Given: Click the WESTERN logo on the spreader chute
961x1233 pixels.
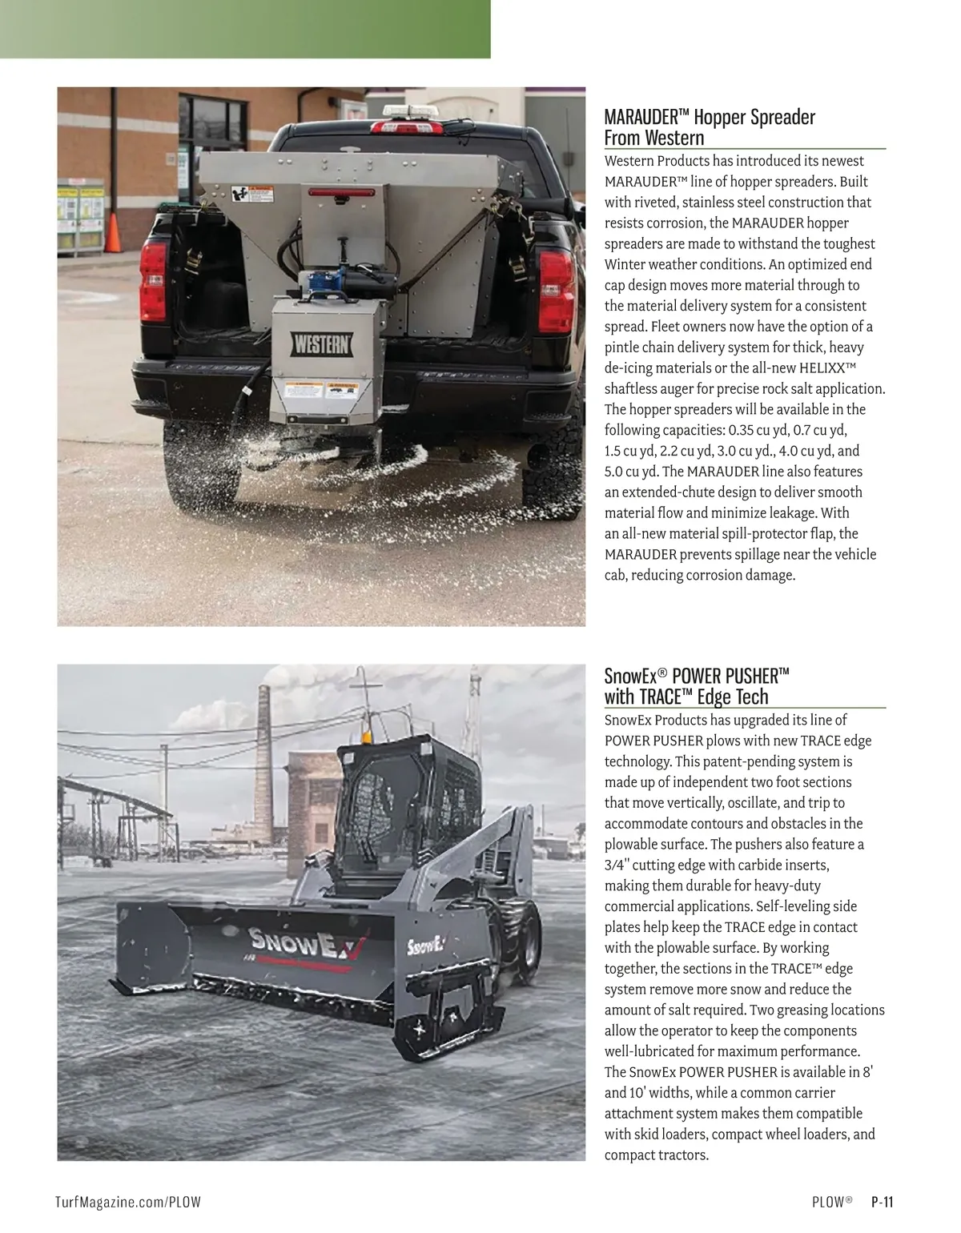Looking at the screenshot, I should pos(321,345).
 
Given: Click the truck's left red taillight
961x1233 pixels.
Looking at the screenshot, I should pos(153,279).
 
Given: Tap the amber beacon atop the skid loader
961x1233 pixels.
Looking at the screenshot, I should pos(366,735).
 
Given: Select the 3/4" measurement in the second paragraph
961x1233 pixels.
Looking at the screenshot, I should pos(617,866).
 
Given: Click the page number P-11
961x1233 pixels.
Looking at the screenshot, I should pos(883,1202).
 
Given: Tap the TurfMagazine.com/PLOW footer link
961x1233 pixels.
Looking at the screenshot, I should pos(127,1202).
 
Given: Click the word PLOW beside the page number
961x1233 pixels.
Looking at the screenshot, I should pos(828,1202).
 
